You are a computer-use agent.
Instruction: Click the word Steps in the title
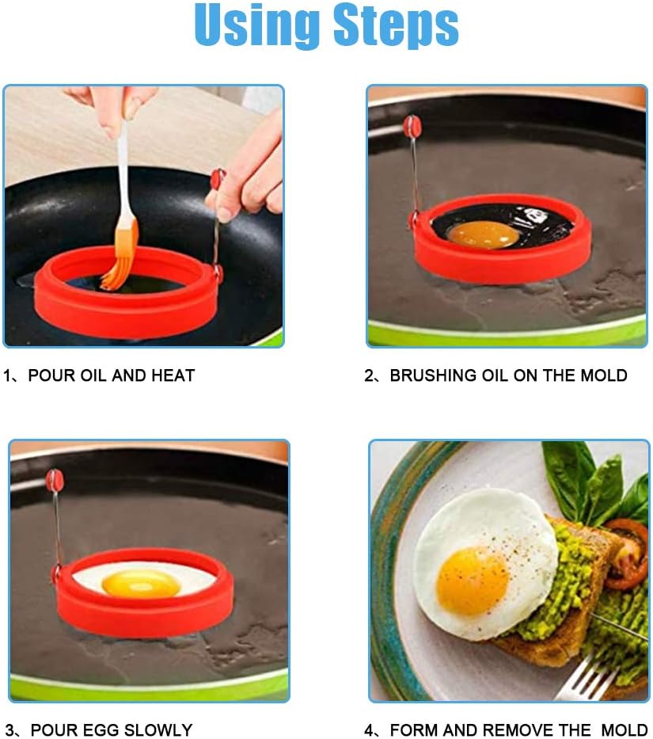click(x=396, y=26)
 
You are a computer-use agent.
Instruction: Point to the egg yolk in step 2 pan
click(x=483, y=234)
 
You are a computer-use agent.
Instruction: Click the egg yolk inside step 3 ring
click(x=142, y=583)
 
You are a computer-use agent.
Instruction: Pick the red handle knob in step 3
click(x=55, y=480)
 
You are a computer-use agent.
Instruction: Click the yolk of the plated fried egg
click(x=473, y=581)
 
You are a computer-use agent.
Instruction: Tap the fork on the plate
click(x=594, y=674)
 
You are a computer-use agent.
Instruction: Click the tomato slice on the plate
click(x=628, y=554)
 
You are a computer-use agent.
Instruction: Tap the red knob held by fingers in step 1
click(x=218, y=179)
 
